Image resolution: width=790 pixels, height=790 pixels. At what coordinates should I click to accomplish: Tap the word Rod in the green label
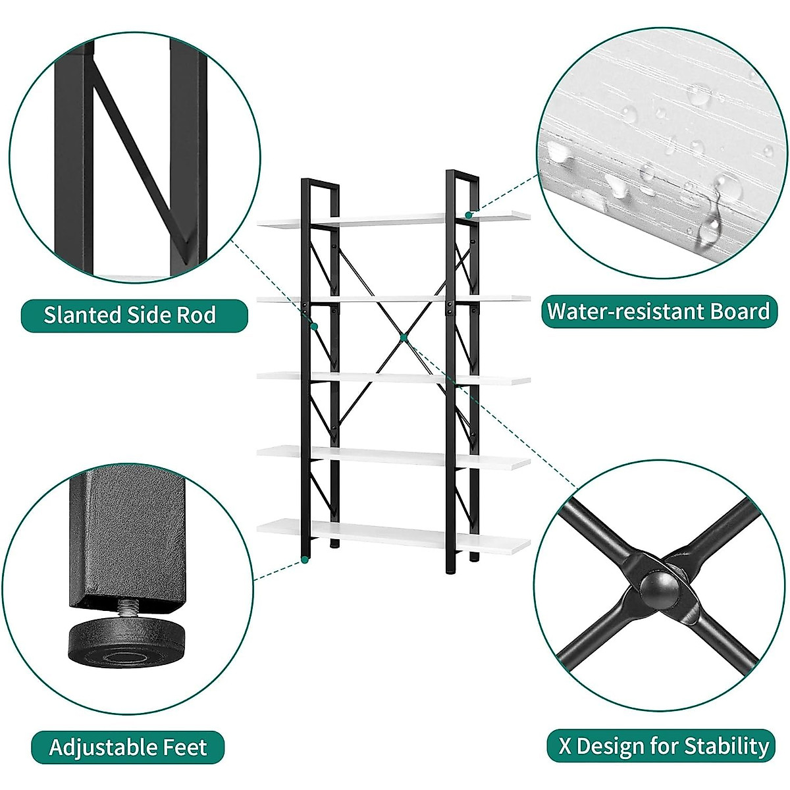tap(198, 315)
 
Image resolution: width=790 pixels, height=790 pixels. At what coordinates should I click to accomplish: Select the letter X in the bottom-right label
tap(566, 746)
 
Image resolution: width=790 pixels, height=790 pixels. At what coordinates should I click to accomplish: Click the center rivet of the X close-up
tap(659, 585)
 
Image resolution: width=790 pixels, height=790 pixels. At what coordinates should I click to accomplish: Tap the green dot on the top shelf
tap(469, 215)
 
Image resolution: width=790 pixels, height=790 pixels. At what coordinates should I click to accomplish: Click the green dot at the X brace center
tap(404, 337)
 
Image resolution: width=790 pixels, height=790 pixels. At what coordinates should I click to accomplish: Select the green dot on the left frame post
tap(315, 327)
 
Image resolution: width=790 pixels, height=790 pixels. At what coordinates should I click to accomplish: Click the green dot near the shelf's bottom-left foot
tap(305, 560)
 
